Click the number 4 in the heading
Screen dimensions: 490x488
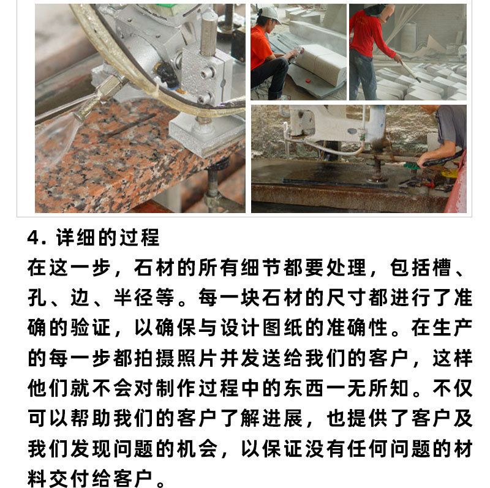tap(34, 238)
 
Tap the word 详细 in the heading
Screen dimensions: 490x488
tap(75, 238)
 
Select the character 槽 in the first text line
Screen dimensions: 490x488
tap(441, 268)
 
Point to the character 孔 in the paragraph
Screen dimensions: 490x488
tap(37, 298)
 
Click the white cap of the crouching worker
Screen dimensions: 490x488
tap(269, 14)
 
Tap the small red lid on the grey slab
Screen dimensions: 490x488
tap(308, 80)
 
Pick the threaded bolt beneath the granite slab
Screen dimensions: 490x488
tap(213, 184)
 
